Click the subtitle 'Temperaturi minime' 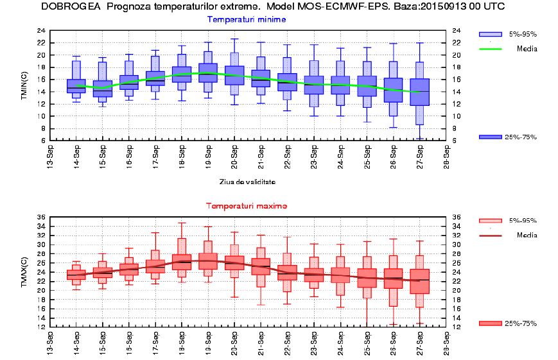coord(247,19)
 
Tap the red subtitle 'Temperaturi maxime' coord(247,206)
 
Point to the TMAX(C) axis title coord(24,271)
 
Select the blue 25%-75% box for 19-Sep coord(207,73)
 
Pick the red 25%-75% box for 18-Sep coord(182,262)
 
